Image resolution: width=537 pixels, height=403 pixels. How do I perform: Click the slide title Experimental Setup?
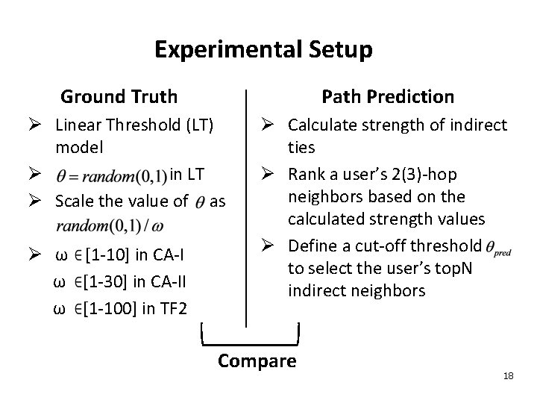[x=263, y=51]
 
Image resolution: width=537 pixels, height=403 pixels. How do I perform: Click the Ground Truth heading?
[x=119, y=96]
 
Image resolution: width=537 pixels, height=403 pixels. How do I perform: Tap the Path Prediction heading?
[x=387, y=96]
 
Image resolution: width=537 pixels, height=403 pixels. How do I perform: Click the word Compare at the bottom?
[x=257, y=361]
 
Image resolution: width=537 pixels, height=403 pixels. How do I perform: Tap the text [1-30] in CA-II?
[x=132, y=281]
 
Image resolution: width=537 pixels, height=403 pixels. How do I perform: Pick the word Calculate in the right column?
[x=319, y=124]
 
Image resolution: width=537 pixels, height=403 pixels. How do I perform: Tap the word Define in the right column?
[x=312, y=246]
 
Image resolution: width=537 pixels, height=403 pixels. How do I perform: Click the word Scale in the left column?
[x=74, y=201]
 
